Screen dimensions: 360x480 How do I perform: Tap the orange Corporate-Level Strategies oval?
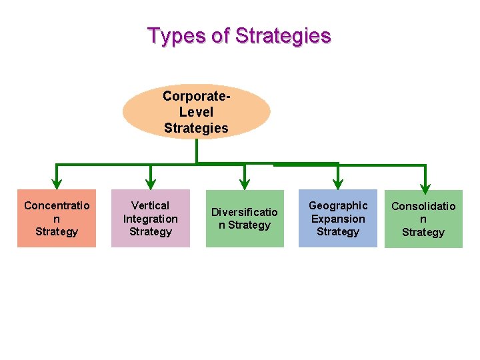tap(197, 111)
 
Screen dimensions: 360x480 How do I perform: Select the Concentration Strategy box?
tap(57, 219)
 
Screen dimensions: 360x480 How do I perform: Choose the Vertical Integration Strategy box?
tap(151, 219)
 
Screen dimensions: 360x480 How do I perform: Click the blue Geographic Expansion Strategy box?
tap(338, 219)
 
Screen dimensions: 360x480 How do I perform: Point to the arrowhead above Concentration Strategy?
tap(57, 182)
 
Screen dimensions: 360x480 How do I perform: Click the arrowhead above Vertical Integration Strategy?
tap(151, 182)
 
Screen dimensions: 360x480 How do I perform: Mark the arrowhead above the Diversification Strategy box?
tap(245, 182)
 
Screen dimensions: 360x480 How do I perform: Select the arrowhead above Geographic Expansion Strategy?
tap(338, 182)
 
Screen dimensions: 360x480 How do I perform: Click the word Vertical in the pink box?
tap(151, 205)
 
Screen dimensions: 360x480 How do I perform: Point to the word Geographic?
tap(338, 205)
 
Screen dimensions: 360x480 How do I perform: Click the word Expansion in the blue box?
tap(338, 219)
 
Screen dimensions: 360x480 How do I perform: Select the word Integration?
tap(151, 219)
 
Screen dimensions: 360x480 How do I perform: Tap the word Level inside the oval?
tap(197, 112)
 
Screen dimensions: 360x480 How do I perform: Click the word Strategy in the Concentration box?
tap(57, 232)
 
